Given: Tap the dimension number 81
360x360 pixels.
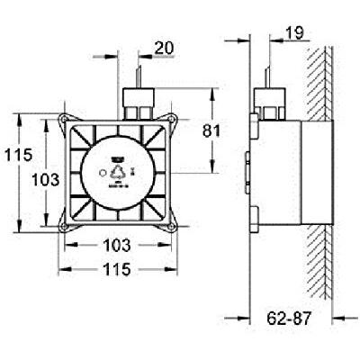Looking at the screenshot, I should (236, 130).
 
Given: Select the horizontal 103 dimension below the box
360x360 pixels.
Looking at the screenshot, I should (116, 244).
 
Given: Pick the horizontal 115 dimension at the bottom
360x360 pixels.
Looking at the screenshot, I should (116, 269).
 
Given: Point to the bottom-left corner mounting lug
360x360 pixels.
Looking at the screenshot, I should (66, 225).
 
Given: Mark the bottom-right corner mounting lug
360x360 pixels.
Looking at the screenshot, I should (169, 225).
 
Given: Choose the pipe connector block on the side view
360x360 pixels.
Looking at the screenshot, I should (265, 98).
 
